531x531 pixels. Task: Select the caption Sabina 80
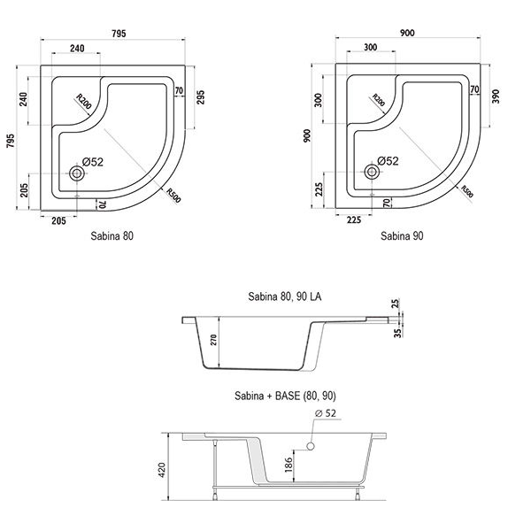(112, 235)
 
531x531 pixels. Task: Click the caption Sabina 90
(402, 235)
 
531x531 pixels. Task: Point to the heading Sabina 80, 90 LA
(285, 296)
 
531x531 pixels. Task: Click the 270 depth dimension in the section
(213, 340)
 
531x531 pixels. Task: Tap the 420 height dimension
(162, 470)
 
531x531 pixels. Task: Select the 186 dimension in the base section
(289, 465)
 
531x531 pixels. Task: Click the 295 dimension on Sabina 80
(201, 97)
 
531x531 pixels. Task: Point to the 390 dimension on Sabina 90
(495, 96)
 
